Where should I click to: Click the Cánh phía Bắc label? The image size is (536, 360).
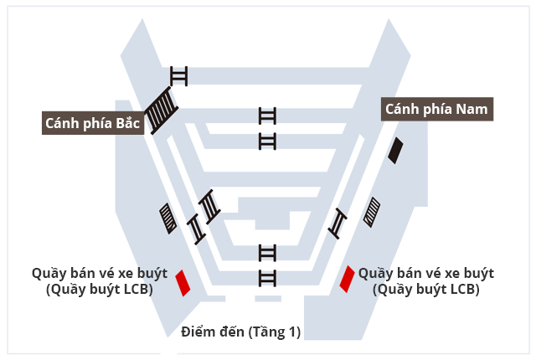coord(93,123)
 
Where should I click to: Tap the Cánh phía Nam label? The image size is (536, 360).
coord(437,110)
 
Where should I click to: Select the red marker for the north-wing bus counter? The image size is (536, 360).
coord(183,283)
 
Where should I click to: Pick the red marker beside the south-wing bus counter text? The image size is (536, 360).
coord(347,279)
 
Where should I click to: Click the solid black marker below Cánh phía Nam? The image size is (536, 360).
coord(395,151)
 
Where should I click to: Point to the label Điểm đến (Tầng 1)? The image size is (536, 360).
coord(240,332)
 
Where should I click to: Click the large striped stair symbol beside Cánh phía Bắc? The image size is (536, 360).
coord(160,110)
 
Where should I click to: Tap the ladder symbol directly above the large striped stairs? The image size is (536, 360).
coord(178,76)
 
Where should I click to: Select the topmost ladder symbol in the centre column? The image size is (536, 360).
coord(267,116)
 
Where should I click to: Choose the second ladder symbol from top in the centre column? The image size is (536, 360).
coord(267,141)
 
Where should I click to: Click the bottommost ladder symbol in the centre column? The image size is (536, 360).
coord(267,278)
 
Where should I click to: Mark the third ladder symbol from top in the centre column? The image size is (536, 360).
coord(267,253)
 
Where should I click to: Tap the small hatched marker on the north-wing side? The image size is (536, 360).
coord(168,219)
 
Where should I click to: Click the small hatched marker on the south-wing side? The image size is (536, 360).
coord(372,212)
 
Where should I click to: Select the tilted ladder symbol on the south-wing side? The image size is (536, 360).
coord(338,224)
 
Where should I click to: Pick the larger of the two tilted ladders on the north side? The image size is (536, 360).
coord(209,207)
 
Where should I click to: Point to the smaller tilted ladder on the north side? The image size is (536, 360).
coord(197,229)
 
